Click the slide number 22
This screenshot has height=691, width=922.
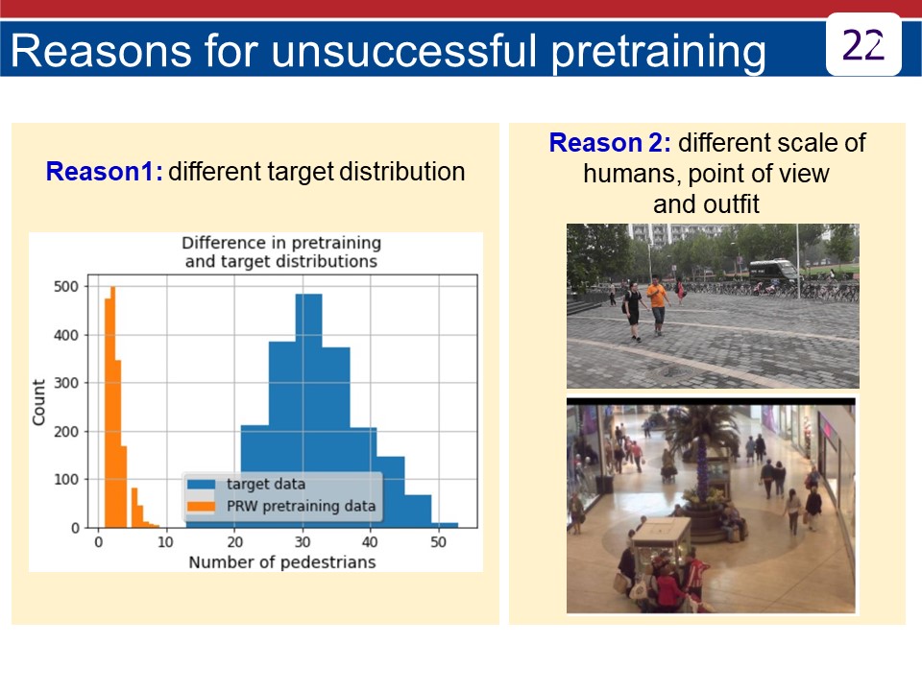tap(862, 45)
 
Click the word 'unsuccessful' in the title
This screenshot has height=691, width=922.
tap(405, 51)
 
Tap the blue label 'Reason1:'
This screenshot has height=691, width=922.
tap(104, 172)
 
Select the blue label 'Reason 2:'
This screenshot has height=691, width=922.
tap(610, 143)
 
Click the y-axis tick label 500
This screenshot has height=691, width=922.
tap(66, 287)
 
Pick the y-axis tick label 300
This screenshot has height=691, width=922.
tap(66, 383)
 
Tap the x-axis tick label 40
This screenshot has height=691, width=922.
tap(370, 541)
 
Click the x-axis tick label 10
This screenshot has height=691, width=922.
tap(166, 541)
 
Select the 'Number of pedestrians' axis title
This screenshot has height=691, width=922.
tap(282, 562)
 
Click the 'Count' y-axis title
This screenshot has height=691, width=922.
tap(38, 402)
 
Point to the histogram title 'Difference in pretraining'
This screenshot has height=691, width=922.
tap(281, 243)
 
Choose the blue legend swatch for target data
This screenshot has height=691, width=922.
tap(201, 484)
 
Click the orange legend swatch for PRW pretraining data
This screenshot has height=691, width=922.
tap(201, 506)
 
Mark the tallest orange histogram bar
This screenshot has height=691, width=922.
tap(113, 407)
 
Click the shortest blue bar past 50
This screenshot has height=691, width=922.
tap(445, 525)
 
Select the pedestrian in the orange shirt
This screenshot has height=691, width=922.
tap(657, 305)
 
